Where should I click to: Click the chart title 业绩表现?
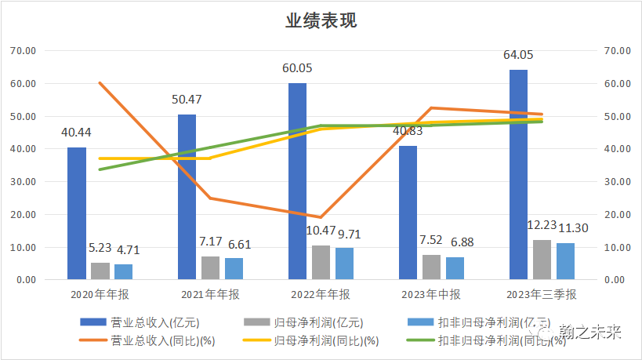[x=321, y=21]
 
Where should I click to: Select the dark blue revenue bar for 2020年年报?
[x=77, y=213]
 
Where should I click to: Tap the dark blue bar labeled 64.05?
[x=518, y=175]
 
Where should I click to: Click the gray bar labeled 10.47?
[x=321, y=263]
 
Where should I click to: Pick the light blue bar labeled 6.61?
[x=234, y=268]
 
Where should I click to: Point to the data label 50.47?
[x=187, y=100]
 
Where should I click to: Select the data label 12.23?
[x=542, y=225]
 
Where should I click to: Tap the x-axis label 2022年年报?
[x=321, y=295]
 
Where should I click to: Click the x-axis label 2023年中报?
[x=431, y=295]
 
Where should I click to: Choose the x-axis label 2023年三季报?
[x=542, y=295]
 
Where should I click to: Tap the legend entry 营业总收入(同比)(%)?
[x=151, y=341]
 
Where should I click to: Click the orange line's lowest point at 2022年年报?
[x=321, y=217]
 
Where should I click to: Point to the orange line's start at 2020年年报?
[x=99, y=82]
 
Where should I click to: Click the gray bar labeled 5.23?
[x=100, y=271]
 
